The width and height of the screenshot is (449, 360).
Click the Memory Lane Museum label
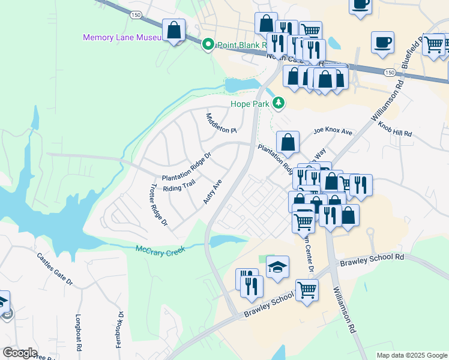[122, 38]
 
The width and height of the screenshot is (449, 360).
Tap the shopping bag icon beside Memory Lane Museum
[173, 30]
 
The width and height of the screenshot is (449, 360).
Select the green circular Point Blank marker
[208, 44]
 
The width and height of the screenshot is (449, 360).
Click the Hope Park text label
[250, 104]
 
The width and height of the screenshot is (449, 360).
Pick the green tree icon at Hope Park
[278, 103]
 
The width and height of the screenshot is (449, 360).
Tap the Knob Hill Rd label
[396, 129]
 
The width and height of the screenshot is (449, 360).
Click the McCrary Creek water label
[159, 249]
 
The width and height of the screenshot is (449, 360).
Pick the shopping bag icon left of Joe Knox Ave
[288, 143]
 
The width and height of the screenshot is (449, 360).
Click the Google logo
[20, 353]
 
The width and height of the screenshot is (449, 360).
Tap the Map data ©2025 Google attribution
[412, 355]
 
